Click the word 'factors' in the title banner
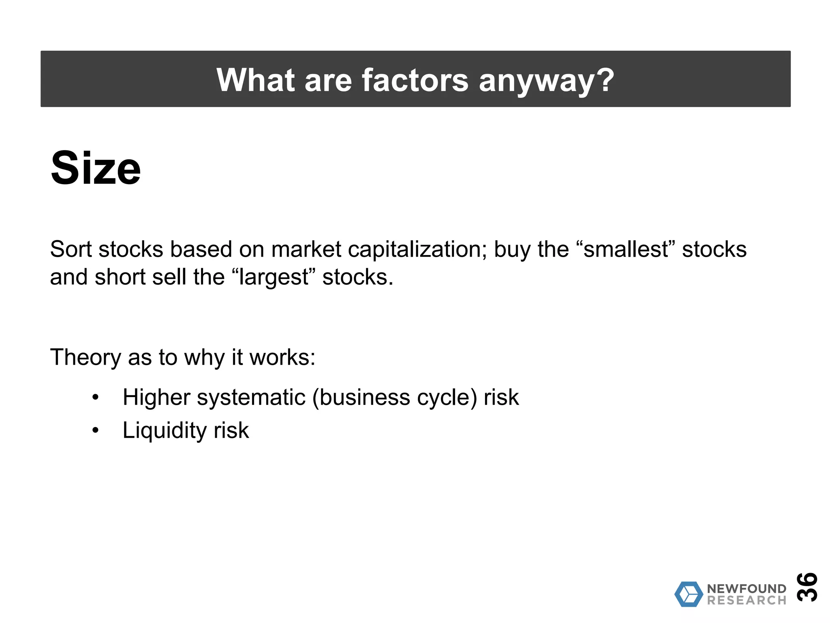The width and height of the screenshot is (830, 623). click(x=415, y=80)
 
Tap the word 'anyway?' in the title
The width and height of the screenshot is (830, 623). click(x=546, y=80)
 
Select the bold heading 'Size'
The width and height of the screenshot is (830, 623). click(x=96, y=168)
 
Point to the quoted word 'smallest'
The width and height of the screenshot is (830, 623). click(x=626, y=249)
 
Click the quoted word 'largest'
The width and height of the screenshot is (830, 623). click(x=274, y=278)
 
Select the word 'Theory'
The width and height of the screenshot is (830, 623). click(x=86, y=358)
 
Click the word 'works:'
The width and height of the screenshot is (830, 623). click(x=282, y=358)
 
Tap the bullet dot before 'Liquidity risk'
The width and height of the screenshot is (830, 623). click(x=95, y=430)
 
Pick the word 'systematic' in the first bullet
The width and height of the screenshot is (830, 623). click(x=251, y=397)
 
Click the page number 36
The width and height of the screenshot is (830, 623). click(x=806, y=586)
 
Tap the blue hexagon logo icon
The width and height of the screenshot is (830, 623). click(x=689, y=594)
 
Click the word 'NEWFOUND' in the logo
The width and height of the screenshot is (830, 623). click(x=747, y=589)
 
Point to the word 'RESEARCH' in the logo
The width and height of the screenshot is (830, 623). click(x=747, y=600)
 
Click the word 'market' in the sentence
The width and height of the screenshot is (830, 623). click(x=306, y=249)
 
